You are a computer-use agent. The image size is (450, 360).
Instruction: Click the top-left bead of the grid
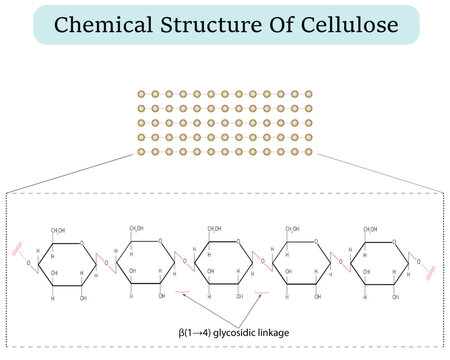pos(142,93)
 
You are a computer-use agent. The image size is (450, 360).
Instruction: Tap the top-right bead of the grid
pos(308,93)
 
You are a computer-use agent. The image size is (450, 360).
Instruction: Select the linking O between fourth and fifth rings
pos(341,265)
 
